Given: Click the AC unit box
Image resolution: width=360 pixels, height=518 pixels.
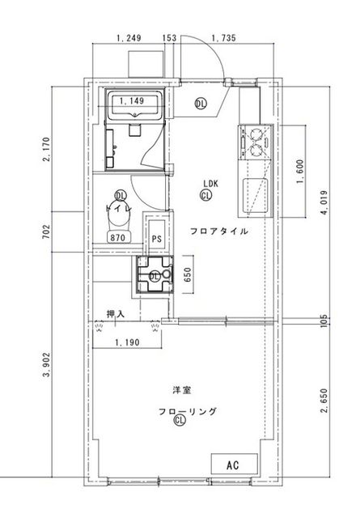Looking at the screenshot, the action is [234, 464].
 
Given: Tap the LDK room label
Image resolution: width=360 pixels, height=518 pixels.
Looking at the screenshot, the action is [210, 184].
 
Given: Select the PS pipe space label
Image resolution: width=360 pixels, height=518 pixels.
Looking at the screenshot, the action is [157, 238].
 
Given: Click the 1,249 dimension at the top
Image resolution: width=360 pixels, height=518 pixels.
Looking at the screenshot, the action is [129, 38].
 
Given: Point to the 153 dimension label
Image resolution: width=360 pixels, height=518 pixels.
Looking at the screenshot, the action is [169, 38].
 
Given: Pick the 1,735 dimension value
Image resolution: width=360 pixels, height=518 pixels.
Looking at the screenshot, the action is [223, 38].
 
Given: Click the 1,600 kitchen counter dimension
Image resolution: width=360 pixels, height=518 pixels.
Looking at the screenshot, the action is [300, 172].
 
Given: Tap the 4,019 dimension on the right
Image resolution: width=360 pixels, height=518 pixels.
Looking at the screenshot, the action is [324, 202].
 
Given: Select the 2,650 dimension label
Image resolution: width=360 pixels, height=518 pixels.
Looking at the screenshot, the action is [324, 401].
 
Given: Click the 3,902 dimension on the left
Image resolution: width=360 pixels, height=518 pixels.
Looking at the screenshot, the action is [47, 365].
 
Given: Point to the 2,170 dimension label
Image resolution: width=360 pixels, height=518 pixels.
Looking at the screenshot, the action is [46, 149].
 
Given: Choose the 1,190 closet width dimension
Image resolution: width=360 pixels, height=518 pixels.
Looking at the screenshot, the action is [127, 342].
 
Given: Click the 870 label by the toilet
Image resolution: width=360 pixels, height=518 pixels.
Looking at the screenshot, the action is [118, 237].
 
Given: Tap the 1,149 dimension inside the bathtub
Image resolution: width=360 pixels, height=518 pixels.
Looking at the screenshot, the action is [132, 100].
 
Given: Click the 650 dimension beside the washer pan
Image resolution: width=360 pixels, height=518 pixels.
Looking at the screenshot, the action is [187, 275].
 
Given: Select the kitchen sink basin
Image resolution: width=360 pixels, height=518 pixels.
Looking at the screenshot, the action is [255, 195].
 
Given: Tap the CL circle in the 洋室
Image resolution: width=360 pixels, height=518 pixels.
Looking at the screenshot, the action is [180, 420].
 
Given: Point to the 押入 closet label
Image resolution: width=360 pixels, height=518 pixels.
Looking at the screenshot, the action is [116, 314].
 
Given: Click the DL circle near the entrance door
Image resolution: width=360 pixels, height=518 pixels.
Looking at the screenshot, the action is [201, 104].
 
